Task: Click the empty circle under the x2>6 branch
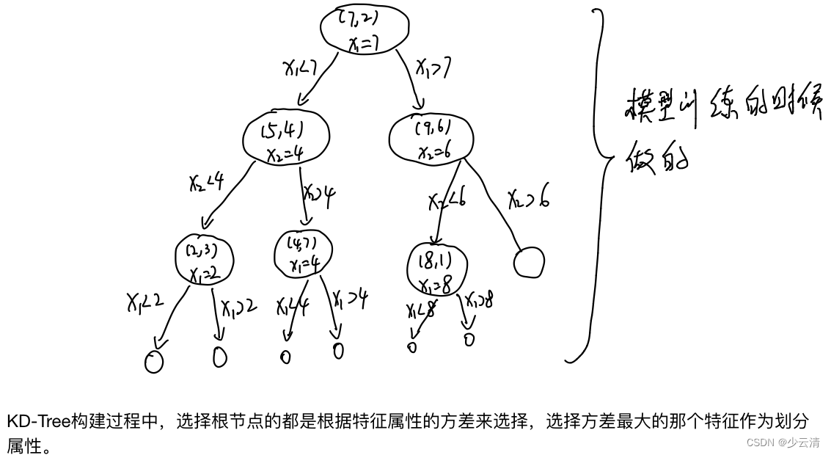tap(529, 262)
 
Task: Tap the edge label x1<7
tap(300, 68)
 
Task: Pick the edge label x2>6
tap(530, 198)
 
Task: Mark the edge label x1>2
tap(238, 306)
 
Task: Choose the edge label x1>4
tap(350, 299)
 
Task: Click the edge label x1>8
tap(479, 301)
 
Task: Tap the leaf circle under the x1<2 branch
tap(154, 361)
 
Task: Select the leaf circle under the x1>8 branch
tap(469, 339)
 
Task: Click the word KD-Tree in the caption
tap(38, 421)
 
